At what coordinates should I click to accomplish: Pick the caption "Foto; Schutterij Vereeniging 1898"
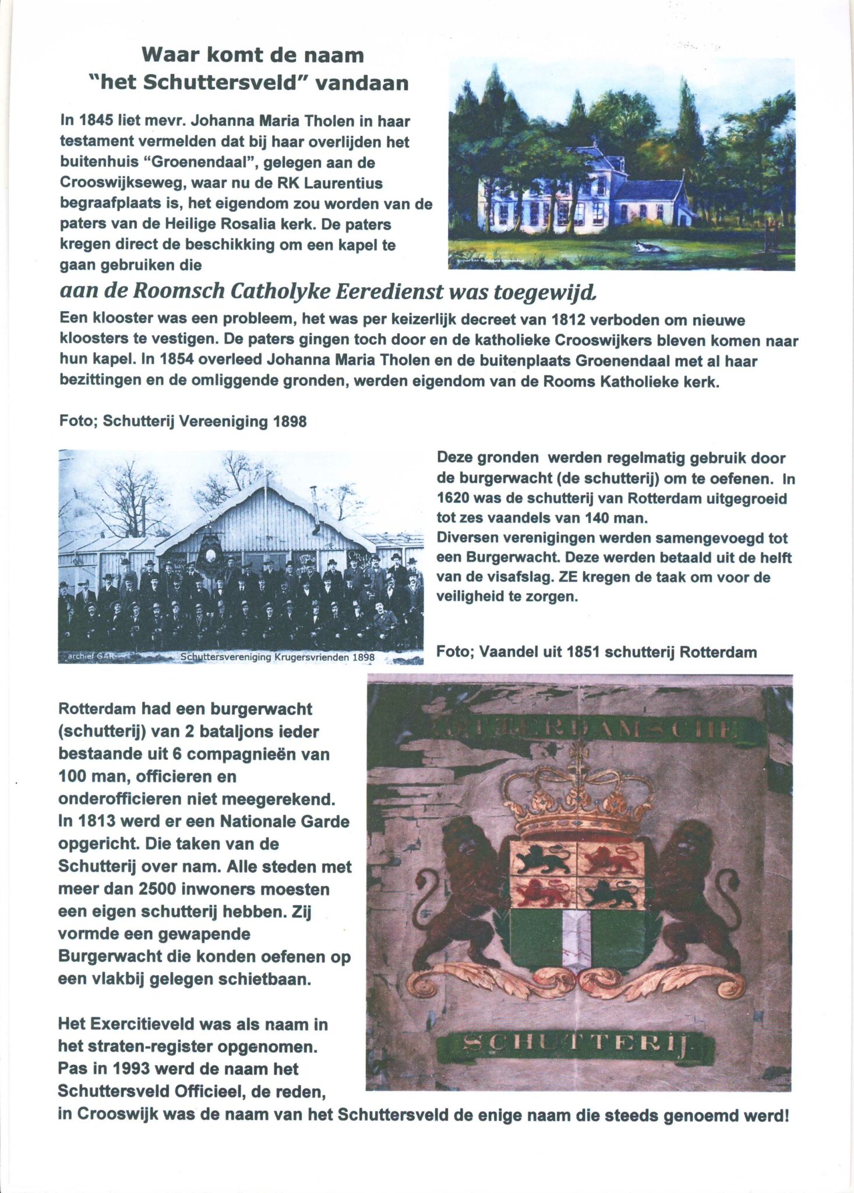point(183,421)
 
